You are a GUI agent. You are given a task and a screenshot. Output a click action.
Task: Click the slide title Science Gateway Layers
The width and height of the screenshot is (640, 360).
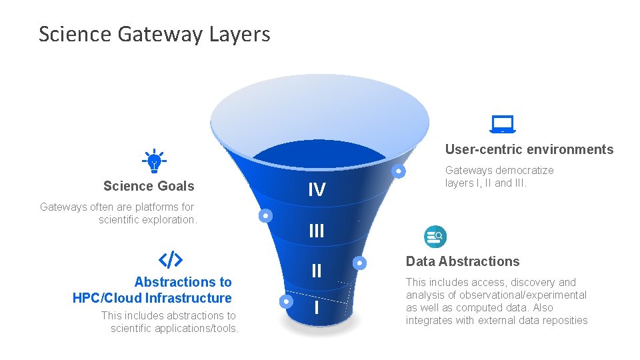(154, 34)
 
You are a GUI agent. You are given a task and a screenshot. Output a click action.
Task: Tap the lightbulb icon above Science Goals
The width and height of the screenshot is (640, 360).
(154, 161)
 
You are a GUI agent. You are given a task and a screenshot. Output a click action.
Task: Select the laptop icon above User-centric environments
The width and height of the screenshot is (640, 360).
(503, 124)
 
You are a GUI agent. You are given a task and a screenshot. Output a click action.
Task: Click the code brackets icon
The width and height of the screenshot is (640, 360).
(170, 259)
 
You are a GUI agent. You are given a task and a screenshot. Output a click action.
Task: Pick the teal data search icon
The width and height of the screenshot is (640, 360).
(435, 236)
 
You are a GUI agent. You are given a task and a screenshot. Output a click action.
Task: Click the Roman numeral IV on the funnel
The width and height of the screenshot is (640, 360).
(317, 191)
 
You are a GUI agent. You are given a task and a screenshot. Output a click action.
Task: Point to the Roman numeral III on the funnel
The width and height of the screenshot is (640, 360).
(317, 231)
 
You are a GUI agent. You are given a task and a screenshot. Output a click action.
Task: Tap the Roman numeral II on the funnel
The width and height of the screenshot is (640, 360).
(317, 271)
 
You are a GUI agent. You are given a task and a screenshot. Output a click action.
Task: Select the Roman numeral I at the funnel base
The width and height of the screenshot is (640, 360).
(316, 308)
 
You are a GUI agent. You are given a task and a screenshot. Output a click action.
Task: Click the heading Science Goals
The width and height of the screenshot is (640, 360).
(149, 186)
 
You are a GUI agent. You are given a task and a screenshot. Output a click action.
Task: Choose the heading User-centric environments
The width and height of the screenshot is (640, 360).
(529, 149)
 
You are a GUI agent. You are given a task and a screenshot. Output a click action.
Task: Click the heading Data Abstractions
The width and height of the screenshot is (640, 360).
(463, 261)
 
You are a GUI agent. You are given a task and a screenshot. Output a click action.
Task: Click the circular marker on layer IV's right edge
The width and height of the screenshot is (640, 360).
(398, 171)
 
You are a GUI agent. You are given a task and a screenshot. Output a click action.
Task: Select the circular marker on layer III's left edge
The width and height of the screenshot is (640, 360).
(265, 216)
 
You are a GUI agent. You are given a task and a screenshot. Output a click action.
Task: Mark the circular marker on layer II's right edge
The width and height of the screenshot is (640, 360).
(359, 263)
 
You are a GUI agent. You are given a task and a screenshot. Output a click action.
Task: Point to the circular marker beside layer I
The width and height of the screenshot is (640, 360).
(286, 301)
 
